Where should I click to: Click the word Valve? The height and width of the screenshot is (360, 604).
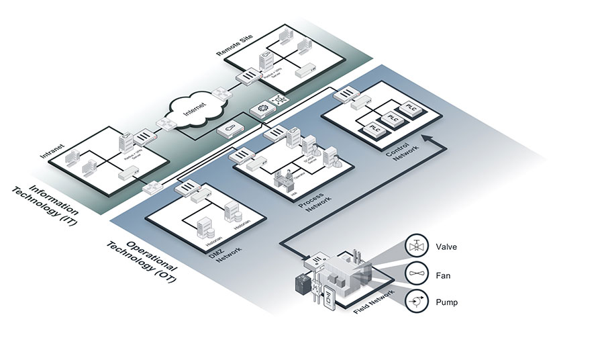(446, 246)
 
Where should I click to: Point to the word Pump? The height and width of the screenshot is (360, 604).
(446, 302)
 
